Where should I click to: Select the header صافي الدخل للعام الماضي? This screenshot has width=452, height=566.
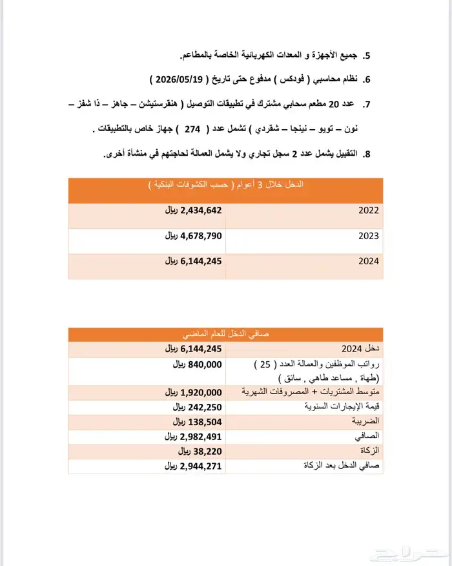tap(225, 334)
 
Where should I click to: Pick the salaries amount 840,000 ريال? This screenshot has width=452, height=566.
tap(196, 364)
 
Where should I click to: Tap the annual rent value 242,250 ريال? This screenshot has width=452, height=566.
tap(196, 407)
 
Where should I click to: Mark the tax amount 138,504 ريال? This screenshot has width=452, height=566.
tap(196, 421)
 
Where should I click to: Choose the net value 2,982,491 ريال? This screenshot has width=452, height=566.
tap(193, 436)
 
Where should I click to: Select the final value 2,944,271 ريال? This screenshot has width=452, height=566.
tap(193, 465)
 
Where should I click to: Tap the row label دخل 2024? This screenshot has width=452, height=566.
tap(365, 349)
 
